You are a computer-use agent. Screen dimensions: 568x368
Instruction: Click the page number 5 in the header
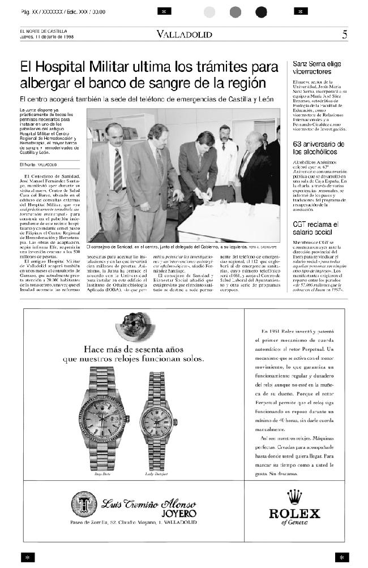(x=345, y=35)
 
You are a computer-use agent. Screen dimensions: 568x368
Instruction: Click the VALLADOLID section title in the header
(x=185, y=35)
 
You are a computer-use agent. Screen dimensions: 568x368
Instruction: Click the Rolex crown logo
(x=294, y=497)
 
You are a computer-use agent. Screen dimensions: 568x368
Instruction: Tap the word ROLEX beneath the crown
(x=294, y=514)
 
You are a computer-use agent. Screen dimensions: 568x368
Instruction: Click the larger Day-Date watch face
(x=104, y=418)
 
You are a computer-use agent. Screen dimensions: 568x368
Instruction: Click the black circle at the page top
(x=261, y=12)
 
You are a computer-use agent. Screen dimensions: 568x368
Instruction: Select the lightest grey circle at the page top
(x=210, y=12)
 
